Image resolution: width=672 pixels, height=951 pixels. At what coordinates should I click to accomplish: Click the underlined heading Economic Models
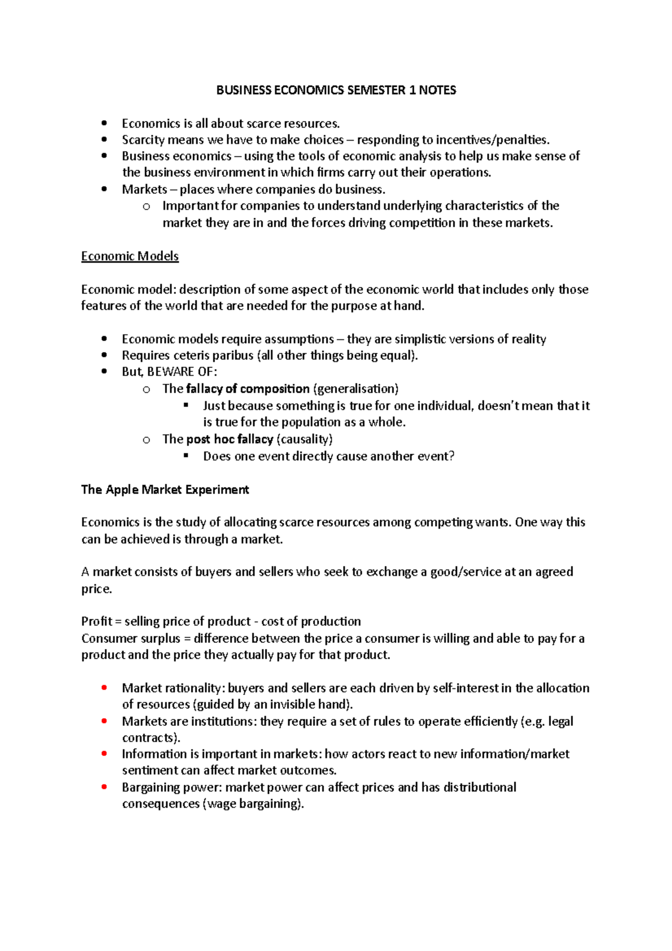click(130, 257)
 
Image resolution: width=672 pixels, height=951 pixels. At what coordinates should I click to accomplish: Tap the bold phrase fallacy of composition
click(248, 389)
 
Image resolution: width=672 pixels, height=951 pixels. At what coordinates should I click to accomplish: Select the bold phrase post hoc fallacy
click(230, 439)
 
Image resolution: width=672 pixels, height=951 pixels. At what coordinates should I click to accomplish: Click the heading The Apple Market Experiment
click(165, 490)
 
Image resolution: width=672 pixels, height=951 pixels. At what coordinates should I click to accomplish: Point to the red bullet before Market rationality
click(104, 688)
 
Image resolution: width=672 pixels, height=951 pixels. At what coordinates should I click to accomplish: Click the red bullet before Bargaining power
click(104, 787)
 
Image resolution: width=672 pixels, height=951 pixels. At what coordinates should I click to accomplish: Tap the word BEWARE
click(169, 372)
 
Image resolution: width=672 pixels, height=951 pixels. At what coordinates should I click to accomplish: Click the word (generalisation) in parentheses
click(356, 389)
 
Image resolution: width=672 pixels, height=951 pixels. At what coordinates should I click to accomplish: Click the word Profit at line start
click(96, 622)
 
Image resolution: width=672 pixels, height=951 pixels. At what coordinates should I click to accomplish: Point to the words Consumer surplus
click(130, 638)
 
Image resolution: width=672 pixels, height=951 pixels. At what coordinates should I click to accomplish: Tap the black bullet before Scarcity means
click(104, 139)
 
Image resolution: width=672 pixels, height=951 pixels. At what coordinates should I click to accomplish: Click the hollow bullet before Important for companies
click(146, 207)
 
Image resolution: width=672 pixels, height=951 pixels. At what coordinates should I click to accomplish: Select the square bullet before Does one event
click(186, 456)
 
